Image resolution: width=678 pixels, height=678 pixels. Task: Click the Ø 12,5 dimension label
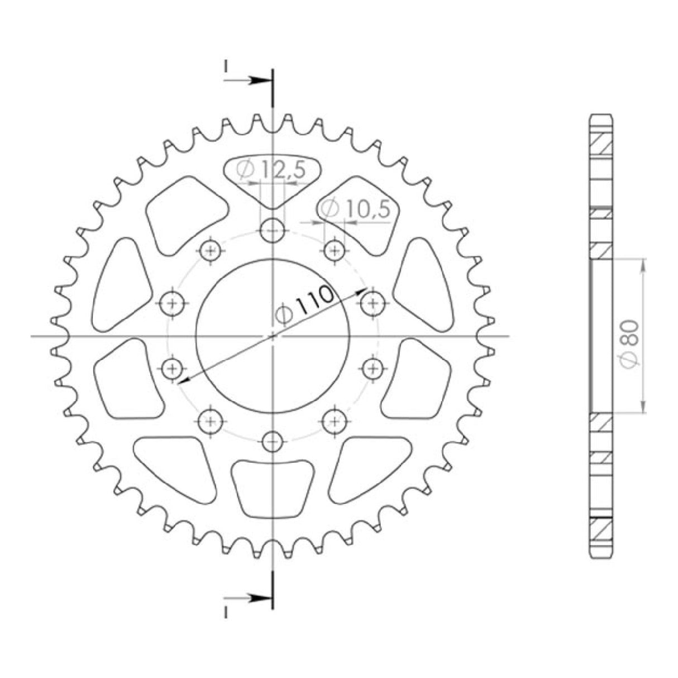coord(270,171)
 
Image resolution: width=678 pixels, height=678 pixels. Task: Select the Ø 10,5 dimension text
coord(356,209)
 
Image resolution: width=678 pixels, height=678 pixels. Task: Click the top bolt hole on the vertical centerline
coord(273,231)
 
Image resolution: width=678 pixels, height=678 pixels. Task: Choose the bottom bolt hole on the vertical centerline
coord(273,441)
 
